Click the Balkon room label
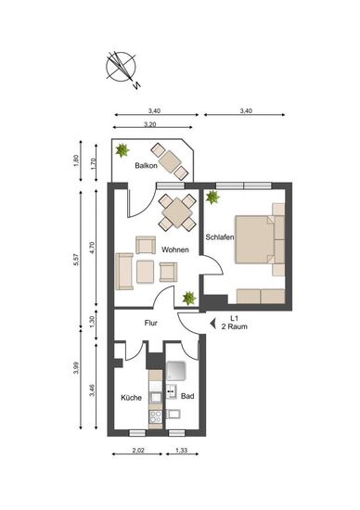(147, 166)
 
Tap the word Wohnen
(175, 249)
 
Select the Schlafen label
(220, 237)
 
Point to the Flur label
(151, 323)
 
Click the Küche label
(131, 398)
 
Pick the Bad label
(187, 396)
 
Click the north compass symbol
(122, 69)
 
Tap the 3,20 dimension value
(149, 124)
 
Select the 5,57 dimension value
(76, 260)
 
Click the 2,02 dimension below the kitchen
(138, 451)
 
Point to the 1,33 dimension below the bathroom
(182, 451)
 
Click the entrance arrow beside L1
(213, 324)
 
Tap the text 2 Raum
(235, 326)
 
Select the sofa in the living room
(124, 272)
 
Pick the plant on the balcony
(122, 150)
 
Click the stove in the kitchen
(156, 416)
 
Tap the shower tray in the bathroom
(176, 371)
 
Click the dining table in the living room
(177, 212)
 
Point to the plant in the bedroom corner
(212, 198)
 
